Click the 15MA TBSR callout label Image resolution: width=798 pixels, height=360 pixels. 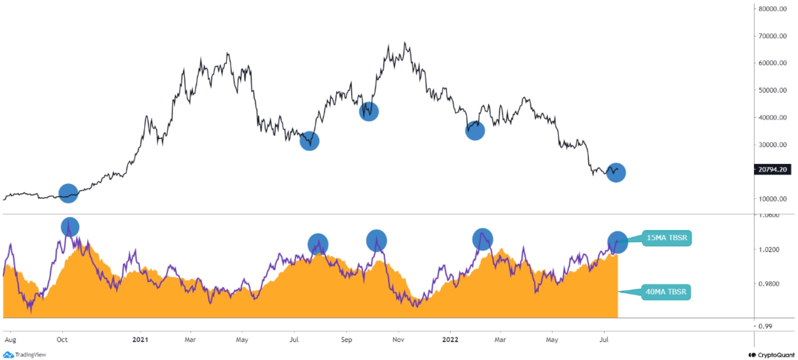[x=666, y=237]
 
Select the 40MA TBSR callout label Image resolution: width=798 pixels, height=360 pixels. [x=665, y=292]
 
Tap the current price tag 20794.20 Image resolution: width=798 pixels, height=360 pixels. [x=772, y=169]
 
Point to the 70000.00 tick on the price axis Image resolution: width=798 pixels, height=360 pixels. [x=772, y=36]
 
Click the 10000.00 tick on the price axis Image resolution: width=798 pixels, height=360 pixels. [x=772, y=199]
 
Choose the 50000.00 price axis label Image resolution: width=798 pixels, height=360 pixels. [x=772, y=90]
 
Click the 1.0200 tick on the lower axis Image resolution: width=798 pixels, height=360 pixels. [x=769, y=249]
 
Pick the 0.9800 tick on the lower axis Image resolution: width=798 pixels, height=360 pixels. [x=769, y=284]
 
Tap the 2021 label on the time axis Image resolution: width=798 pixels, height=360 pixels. [x=140, y=339]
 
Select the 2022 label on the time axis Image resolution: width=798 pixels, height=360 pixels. [x=450, y=339]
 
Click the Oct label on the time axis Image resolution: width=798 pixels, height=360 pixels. [x=62, y=339]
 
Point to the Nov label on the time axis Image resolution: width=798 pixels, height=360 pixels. [x=398, y=339]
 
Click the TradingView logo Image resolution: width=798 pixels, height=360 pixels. [x=25, y=354]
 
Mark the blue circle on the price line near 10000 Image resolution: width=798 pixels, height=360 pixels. [x=69, y=193]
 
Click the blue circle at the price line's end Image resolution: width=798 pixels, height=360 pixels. [x=616, y=172]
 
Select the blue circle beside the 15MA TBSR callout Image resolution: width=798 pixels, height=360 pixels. [x=617, y=242]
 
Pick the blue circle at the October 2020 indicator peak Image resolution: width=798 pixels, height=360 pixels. [x=70, y=227]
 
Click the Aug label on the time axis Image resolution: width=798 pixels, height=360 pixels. [x=10, y=339]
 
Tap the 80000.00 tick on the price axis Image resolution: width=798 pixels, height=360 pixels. [x=772, y=9]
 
